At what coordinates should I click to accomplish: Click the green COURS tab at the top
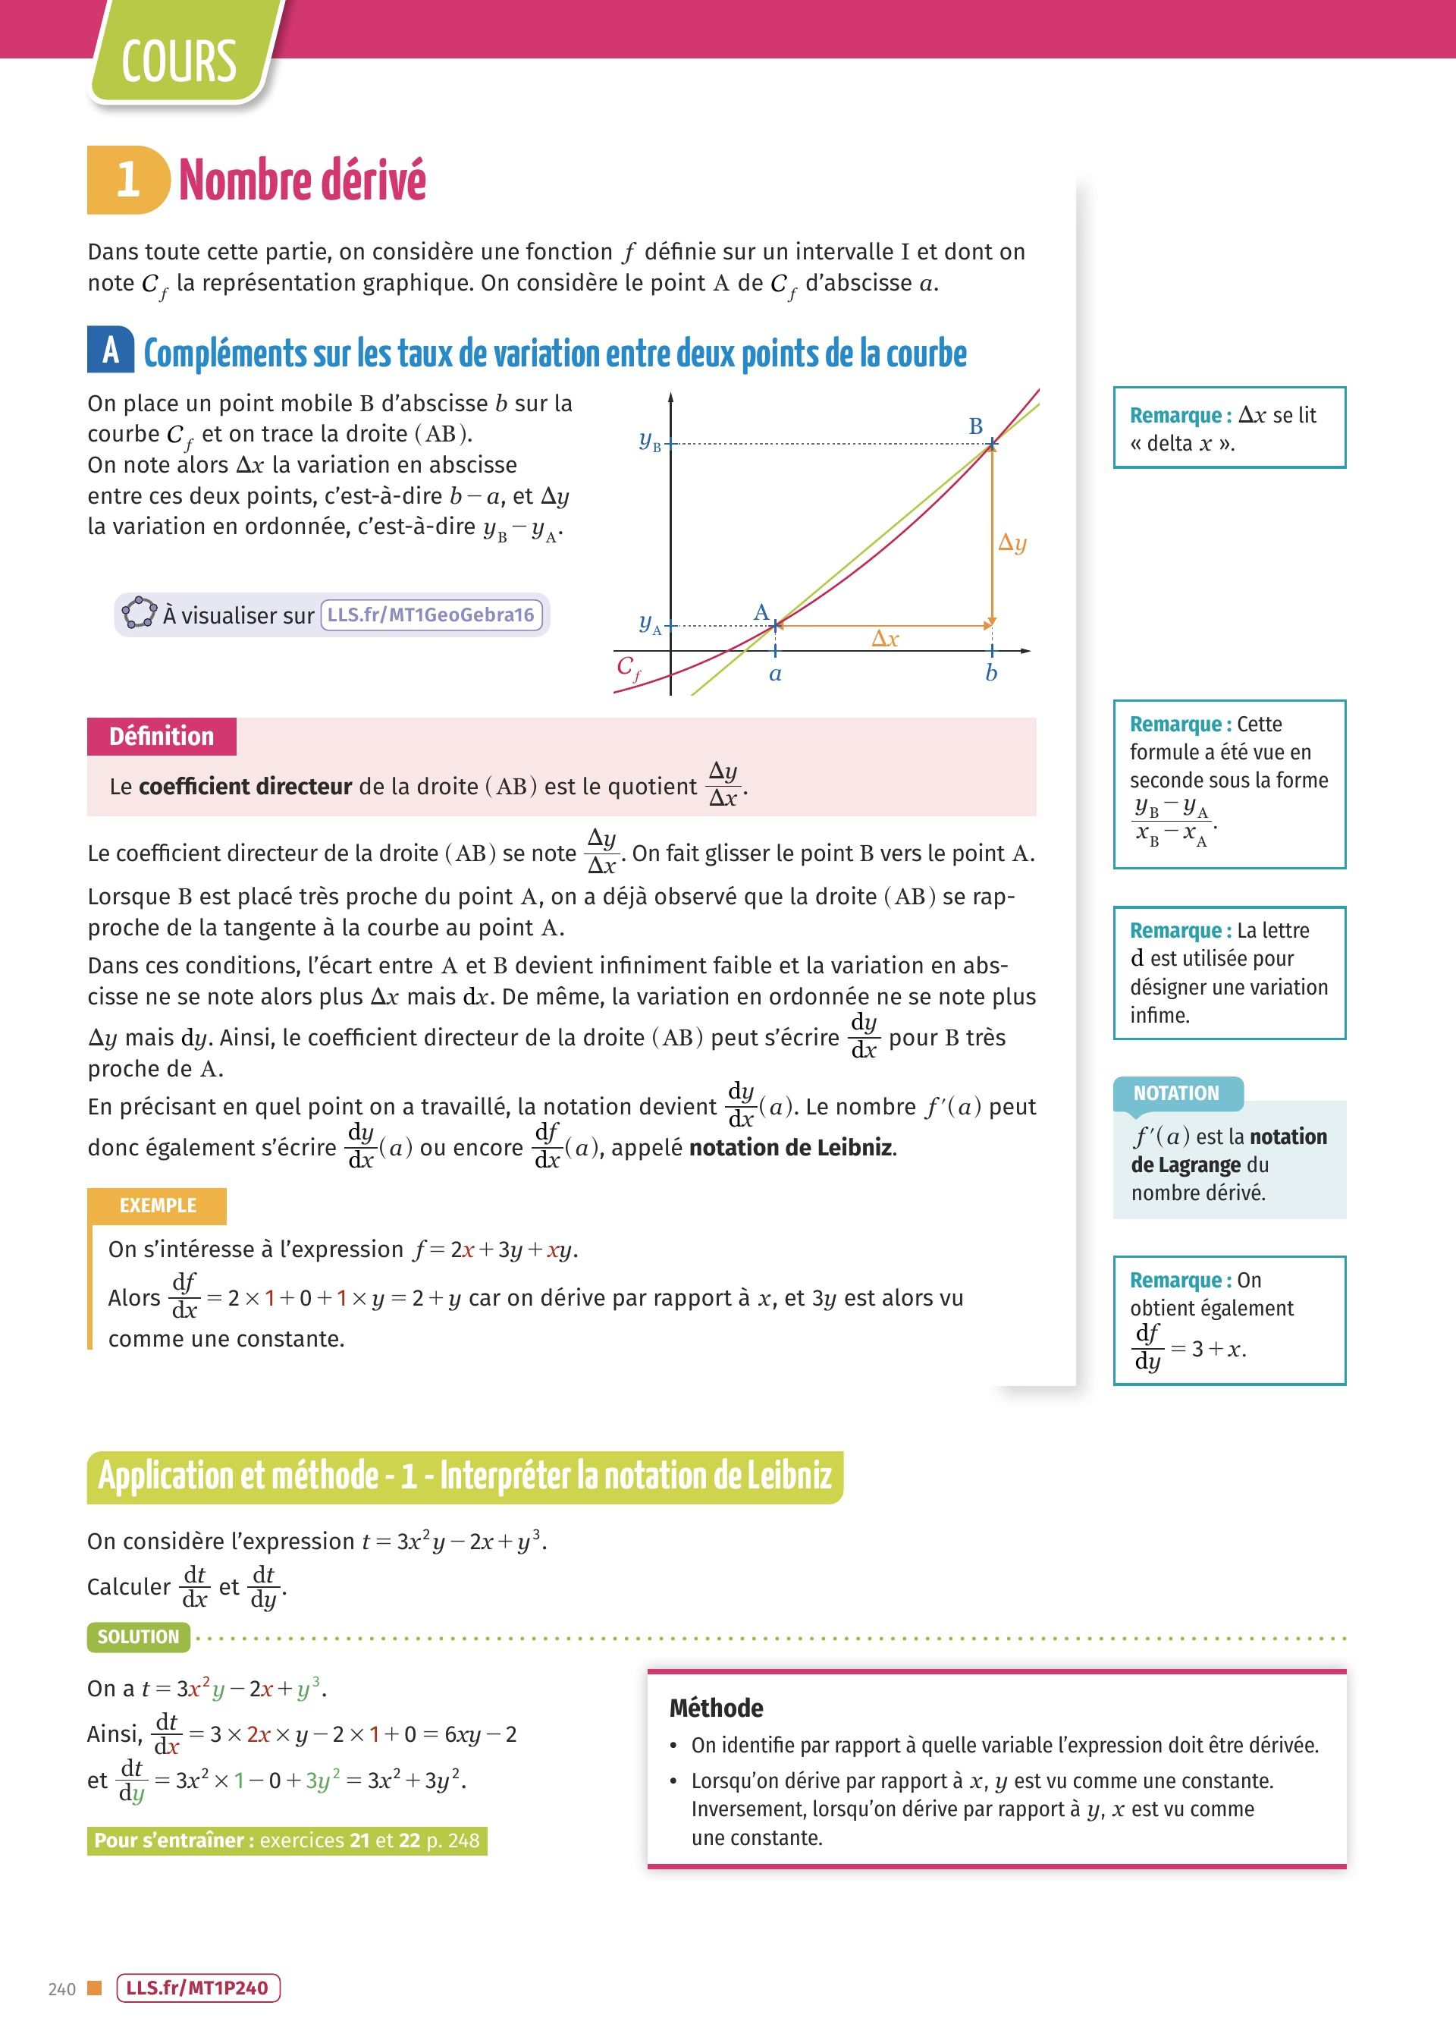(x=179, y=61)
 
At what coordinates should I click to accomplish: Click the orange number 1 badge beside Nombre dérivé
(x=127, y=179)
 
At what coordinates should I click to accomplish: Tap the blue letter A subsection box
(x=110, y=350)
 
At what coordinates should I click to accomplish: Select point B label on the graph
(x=975, y=426)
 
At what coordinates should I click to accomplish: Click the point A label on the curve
(x=761, y=611)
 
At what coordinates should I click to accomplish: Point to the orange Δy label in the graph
(x=1012, y=542)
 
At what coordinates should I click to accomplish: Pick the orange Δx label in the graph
(x=885, y=639)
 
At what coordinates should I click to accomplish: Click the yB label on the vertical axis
(x=649, y=440)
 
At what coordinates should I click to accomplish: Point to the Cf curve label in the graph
(x=629, y=667)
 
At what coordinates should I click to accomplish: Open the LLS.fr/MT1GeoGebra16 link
(x=431, y=615)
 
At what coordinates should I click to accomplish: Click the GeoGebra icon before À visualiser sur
(x=139, y=613)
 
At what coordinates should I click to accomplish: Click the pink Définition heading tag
(x=162, y=736)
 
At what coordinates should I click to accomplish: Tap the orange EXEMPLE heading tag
(x=158, y=1205)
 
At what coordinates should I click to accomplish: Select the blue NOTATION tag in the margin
(x=1176, y=1093)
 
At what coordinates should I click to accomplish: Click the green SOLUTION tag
(x=138, y=1636)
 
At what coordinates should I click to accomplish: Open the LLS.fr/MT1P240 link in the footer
(x=197, y=1988)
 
